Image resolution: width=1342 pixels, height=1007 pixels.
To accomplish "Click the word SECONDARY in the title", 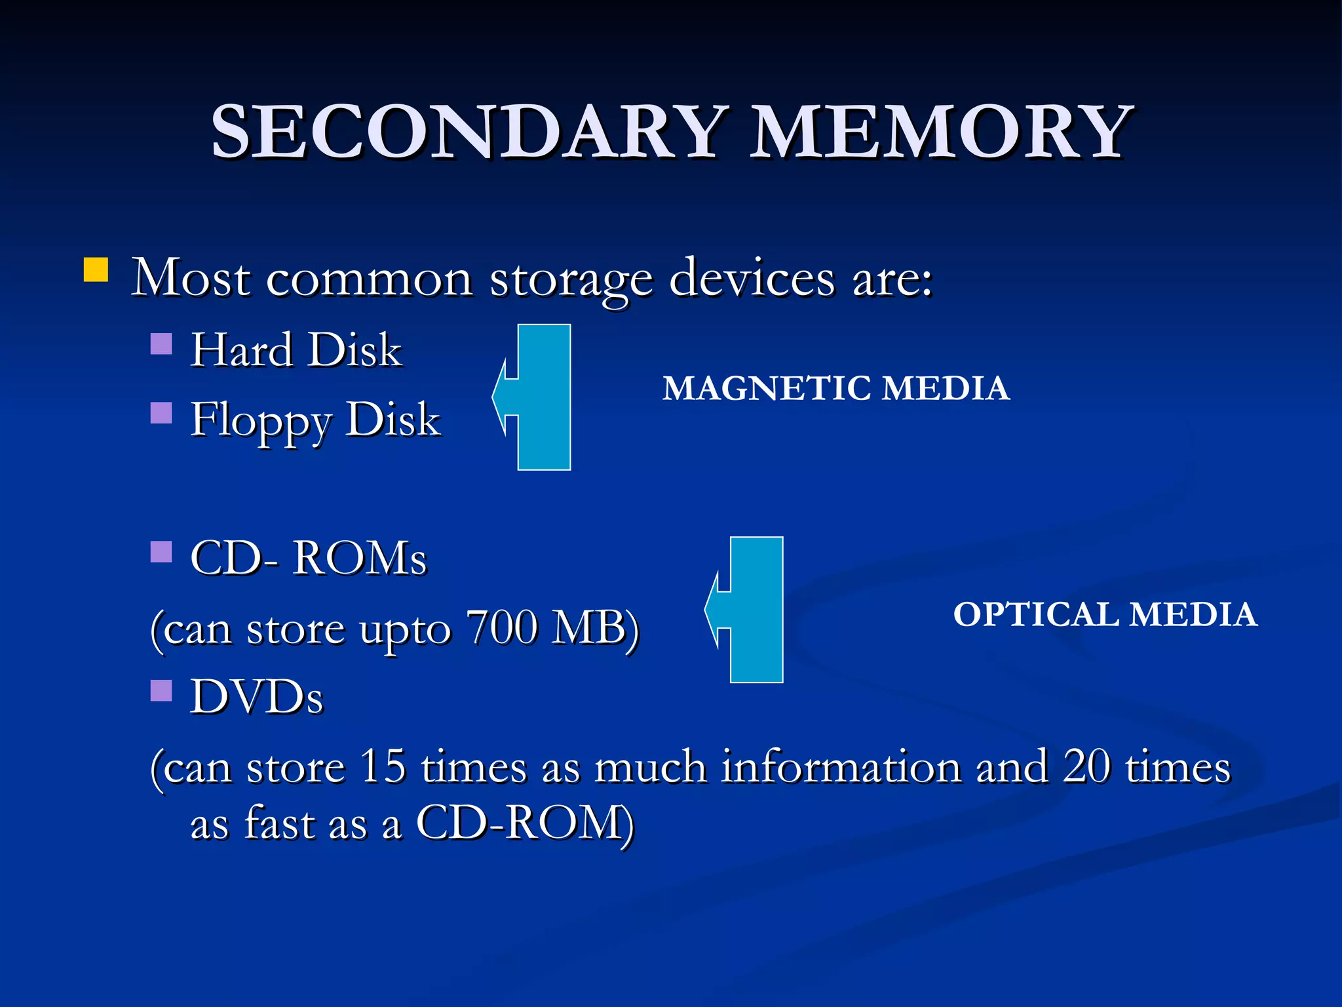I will (469, 132).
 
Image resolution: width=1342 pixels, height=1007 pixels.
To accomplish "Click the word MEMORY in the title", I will (941, 132).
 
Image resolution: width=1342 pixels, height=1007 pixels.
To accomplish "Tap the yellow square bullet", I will (96, 269).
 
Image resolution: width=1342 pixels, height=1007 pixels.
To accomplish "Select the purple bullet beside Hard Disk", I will (161, 344).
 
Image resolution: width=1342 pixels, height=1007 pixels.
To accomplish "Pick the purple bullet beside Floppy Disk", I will (161, 413).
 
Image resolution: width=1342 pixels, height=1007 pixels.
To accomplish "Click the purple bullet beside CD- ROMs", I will (161, 552).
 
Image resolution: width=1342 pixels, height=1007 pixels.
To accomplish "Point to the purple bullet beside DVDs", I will (161, 690).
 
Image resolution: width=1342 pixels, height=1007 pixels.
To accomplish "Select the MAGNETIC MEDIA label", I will (835, 388).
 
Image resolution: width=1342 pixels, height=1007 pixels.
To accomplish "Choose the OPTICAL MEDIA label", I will (1105, 614).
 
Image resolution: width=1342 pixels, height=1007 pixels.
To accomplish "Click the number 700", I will (502, 627).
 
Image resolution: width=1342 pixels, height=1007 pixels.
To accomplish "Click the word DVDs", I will (257, 696).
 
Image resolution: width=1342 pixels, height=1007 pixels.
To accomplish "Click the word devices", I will (752, 279).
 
